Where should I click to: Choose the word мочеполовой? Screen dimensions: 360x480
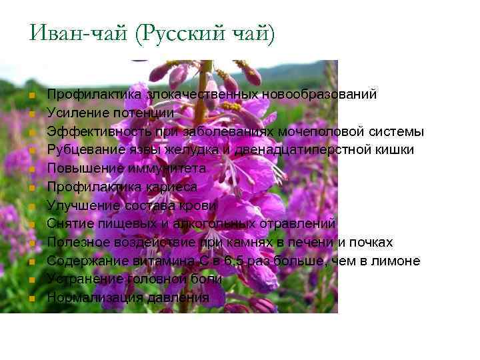(x=326, y=131)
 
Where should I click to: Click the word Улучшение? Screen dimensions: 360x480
(x=77, y=205)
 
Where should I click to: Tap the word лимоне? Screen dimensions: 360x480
(x=397, y=260)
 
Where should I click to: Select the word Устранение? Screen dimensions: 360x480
(x=77, y=279)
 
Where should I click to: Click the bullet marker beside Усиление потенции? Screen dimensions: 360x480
(x=31, y=113)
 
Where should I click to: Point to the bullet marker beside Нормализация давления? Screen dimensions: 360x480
(x=31, y=298)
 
